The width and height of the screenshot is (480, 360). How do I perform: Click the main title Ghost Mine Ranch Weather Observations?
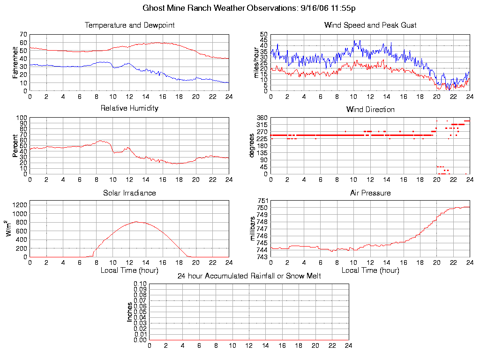(249, 8)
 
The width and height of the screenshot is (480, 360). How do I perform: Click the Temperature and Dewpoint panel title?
(129, 25)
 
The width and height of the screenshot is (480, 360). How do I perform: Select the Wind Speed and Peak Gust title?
(370, 25)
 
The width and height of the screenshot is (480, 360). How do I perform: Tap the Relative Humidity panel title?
(129, 108)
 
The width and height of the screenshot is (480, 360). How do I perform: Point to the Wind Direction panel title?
(370, 109)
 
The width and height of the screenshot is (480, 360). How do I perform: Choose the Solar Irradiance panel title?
(129, 193)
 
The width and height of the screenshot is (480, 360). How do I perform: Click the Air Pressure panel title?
(370, 193)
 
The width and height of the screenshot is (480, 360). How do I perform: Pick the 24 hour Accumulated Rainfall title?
(249, 276)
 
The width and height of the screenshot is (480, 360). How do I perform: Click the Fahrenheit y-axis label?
(15, 62)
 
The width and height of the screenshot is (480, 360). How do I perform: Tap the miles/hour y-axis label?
(256, 62)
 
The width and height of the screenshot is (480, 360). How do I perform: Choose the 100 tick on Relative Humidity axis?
(22, 118)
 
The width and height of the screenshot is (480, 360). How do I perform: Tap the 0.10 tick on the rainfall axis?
(140, 284)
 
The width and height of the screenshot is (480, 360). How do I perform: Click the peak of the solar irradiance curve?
(136, 222)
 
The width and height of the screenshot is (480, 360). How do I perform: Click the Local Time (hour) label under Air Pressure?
(370, 270)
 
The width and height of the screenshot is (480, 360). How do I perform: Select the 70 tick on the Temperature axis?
(23, 34)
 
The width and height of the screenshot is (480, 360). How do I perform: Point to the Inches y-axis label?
(129, 312)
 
